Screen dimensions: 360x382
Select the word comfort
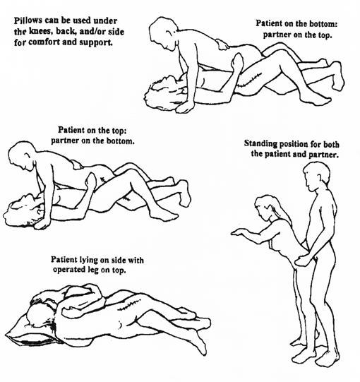pos(44,42)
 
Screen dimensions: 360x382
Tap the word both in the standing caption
pos(331,144)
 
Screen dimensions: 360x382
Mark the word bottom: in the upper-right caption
pos(323,24)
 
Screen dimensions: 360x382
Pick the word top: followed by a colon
pos(119,131)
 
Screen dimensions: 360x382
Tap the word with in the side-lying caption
pos(136,260)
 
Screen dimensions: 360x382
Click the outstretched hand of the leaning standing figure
pos(239,232)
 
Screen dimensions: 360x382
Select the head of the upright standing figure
pos(317,175)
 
